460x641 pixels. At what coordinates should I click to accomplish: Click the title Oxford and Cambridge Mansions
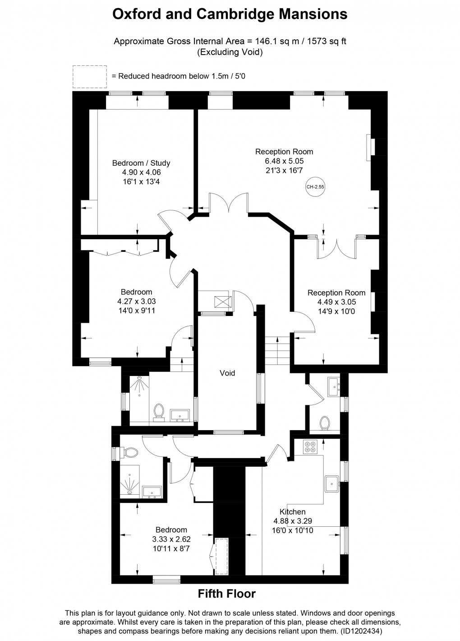[230, 14]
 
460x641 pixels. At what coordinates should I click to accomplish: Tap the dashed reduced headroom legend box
[90, 76]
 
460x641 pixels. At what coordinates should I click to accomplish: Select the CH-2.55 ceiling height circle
[315, 186]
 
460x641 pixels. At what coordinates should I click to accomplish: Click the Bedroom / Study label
[141, 163]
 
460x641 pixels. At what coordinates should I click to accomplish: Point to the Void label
[227, 373]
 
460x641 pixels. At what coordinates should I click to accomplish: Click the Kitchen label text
[292, 511]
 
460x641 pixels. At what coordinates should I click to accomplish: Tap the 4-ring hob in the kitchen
[310, 446]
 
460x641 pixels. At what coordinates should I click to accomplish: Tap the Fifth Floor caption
[226, 594]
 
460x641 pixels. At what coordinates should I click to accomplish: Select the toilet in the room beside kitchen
[324, 423]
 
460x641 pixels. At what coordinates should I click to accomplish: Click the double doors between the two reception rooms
[336, 248]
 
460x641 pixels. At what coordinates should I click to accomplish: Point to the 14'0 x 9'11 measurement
[136, 311]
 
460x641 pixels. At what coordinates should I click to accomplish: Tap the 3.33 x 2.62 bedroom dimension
[171, 539]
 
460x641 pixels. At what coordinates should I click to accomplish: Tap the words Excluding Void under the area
[230, 52]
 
